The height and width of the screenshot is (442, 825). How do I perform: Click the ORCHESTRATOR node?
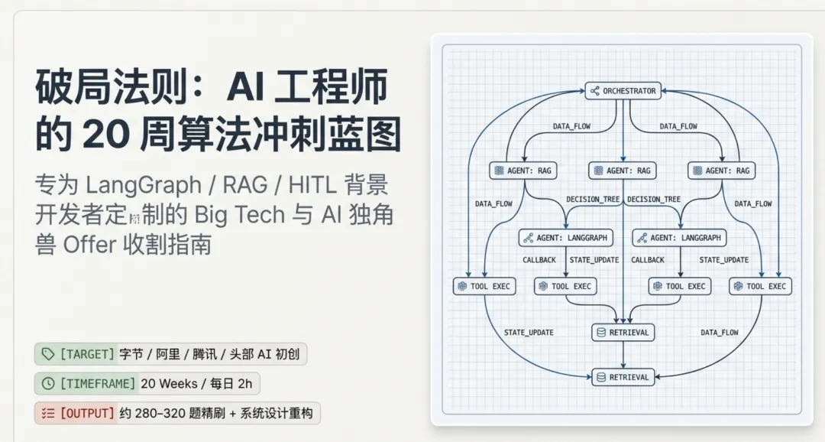623,91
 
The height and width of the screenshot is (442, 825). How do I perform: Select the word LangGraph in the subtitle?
132,185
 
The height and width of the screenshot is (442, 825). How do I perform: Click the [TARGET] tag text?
87,354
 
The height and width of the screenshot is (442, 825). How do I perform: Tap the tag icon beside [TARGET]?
48,354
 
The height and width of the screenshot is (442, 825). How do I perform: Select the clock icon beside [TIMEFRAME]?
48,384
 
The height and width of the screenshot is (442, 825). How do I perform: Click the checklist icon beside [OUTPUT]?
48,414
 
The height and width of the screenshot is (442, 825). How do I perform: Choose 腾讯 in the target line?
202,354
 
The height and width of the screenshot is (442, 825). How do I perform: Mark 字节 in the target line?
133,354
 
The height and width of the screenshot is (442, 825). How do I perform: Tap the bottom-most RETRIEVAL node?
623,377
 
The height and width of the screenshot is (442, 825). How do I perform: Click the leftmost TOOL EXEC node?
484,286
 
